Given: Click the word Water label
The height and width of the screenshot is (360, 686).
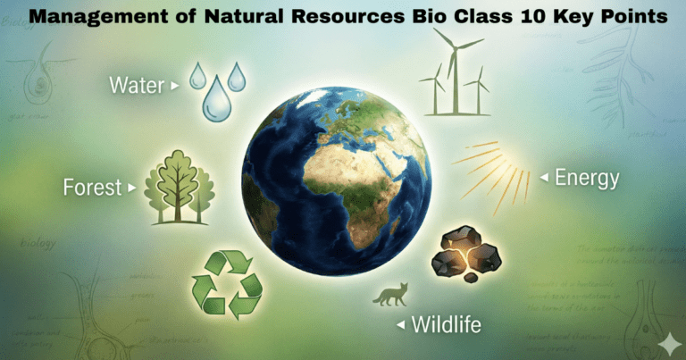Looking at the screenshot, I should click(x=138, y=85).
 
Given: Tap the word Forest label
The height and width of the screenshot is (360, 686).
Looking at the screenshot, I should click(x=92, y=188).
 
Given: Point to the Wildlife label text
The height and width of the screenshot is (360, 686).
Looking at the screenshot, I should click(x=447, y=323).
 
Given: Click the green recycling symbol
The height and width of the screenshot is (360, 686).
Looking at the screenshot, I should click(x=227, y=285).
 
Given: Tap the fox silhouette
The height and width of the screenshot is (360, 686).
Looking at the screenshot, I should click(x=389, y=295).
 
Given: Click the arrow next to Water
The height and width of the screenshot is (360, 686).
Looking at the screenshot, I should click(x=175, y=86).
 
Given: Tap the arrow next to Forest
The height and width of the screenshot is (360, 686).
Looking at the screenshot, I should click(x=132, y=188).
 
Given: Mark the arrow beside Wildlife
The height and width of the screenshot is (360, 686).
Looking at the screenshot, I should click(x=399, y=323).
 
